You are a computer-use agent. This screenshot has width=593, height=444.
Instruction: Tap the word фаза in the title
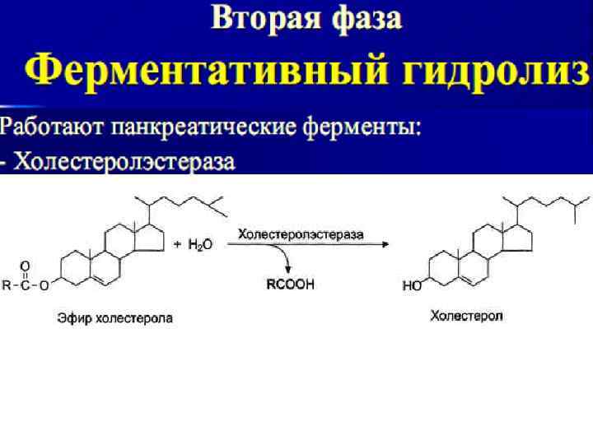[x=363, y=18]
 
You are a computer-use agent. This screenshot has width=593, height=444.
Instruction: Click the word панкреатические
[x=197, y=128]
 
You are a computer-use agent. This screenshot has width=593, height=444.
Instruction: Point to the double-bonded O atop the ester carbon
[x=26, y=266]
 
